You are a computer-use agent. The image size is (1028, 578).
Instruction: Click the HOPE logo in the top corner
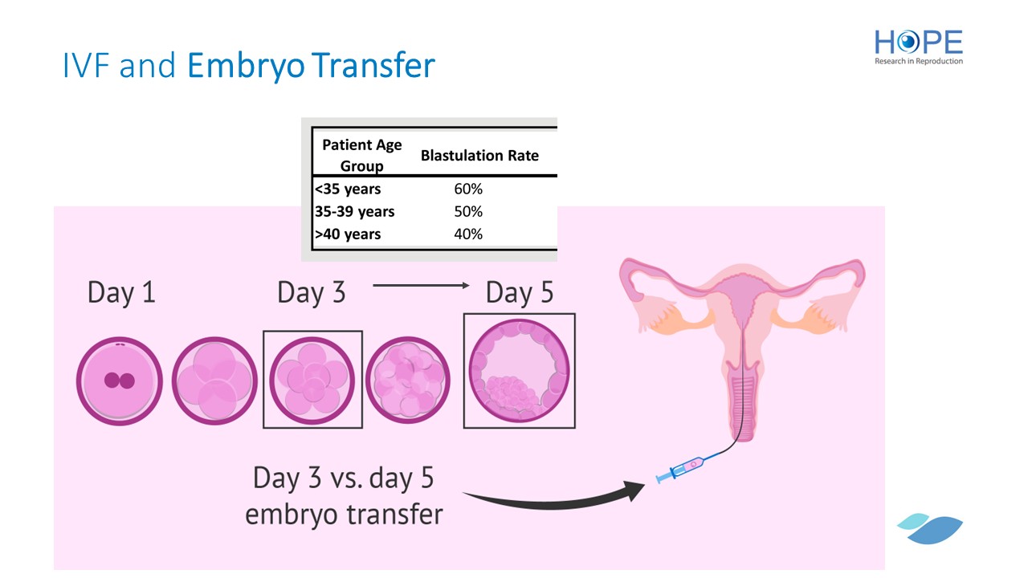click(918, 47)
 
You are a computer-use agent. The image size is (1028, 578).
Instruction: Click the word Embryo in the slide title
click(246, 65)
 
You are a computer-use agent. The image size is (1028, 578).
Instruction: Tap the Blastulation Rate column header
click(479, 156)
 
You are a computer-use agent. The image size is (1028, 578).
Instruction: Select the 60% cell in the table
click(468, 189)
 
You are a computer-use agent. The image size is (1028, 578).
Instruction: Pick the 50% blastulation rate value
click(468, 211)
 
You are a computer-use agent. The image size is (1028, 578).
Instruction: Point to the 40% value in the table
click(468, 234)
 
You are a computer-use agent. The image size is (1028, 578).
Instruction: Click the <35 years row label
click(348, 189)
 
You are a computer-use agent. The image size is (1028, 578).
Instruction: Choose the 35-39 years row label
click(355, 211)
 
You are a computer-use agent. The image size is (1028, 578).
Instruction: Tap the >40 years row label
click(348, 234)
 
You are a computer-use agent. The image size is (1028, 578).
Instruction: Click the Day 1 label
click(121, 293)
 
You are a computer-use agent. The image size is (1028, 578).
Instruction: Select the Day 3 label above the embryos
click(311, 293)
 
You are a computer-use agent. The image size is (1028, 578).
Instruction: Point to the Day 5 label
click(520, 293)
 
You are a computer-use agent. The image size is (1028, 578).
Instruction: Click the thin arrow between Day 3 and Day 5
click(422, 285)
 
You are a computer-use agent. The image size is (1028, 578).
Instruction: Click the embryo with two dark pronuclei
click(120, 381)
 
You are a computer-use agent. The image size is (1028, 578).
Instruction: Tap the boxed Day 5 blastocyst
click(519, 371)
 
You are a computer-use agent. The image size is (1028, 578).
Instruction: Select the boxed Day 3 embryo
click(312, 380)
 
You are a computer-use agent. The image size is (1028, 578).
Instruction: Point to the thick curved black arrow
click(551, 503)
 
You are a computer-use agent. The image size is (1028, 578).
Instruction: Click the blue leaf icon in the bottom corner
click(930, 529)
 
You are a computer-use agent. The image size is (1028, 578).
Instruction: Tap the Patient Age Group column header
click(361, 156)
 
